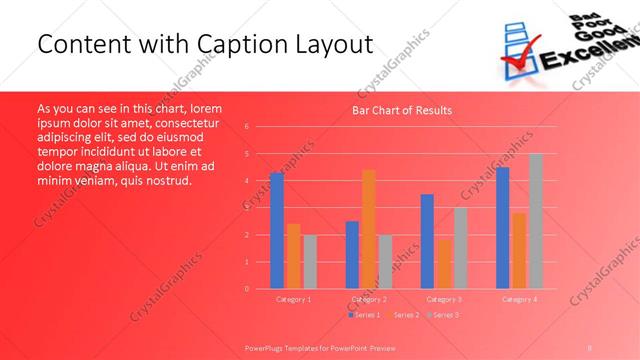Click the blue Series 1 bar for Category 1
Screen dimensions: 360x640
pyautogui.click(x=276, y=231)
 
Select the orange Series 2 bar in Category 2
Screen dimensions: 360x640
pyautogui.click(x=368, y=229)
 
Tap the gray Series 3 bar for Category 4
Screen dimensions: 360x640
pyautogui.click(x=535, y=221)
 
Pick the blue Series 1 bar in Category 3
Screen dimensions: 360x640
pyautogui.click(x=427, y=241)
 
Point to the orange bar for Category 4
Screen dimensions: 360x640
pyautogui.click(x=519, y=250)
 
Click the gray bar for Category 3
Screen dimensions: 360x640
pyautogui.click(x=460, y=248)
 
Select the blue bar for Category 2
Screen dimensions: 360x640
pyautogui.click(x=352, y=254)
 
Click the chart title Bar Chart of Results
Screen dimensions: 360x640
pyautogui.click(x=401, y=110)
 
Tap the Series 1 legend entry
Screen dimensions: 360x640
pyautogui.click(x=365, y=315)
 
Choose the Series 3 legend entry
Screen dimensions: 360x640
pyautogui.click(x=444, y=315)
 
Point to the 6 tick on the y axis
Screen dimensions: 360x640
pyautogui.click(x=247, y=127)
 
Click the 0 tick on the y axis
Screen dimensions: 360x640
pyautogui.click(x=247, y=289)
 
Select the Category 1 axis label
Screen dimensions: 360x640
pyautogui.click(x=293, y=299)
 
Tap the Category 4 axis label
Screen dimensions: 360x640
pyautogui.click(x=519, y=299)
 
